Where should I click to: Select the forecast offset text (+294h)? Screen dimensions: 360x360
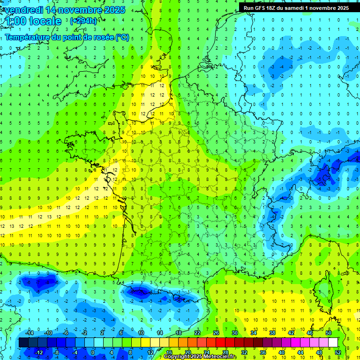(83, 21)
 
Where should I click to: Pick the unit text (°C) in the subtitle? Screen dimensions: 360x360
(122, 37)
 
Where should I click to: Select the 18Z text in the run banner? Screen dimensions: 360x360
(275, 8)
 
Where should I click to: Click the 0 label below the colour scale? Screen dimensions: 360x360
(92, 352)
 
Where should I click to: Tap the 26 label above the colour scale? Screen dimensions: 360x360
(216, 333)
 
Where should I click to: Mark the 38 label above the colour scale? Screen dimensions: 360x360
(272, 333)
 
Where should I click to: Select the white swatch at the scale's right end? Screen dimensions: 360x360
(333, 343)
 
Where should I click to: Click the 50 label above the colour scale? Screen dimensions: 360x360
(329, 333)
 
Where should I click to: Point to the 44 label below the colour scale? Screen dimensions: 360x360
(300, 352)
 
